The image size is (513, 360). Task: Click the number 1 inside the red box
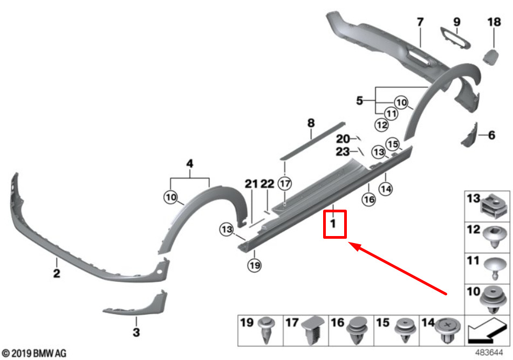click(333, 224)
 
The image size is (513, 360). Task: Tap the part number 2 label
click(57, 273)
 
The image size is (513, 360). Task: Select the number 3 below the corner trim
click(136, 332)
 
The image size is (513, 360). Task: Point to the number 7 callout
click(420, 22)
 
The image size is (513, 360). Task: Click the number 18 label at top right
click(494, 22)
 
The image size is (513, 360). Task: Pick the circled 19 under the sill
click(255, 265)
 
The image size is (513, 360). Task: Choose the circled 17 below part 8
click(285, 183)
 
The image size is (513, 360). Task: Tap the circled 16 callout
click(369, 199)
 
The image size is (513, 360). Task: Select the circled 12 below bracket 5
click(382, 124)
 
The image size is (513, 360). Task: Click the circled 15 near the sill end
click(393, 144)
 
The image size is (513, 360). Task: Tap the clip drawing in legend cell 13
click(494, 206)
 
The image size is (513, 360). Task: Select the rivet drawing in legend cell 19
click(266, 330)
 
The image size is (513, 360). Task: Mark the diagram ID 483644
click(489, 353)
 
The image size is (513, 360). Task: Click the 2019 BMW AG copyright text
click(34, 353)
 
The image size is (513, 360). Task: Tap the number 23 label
click(343, 152)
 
